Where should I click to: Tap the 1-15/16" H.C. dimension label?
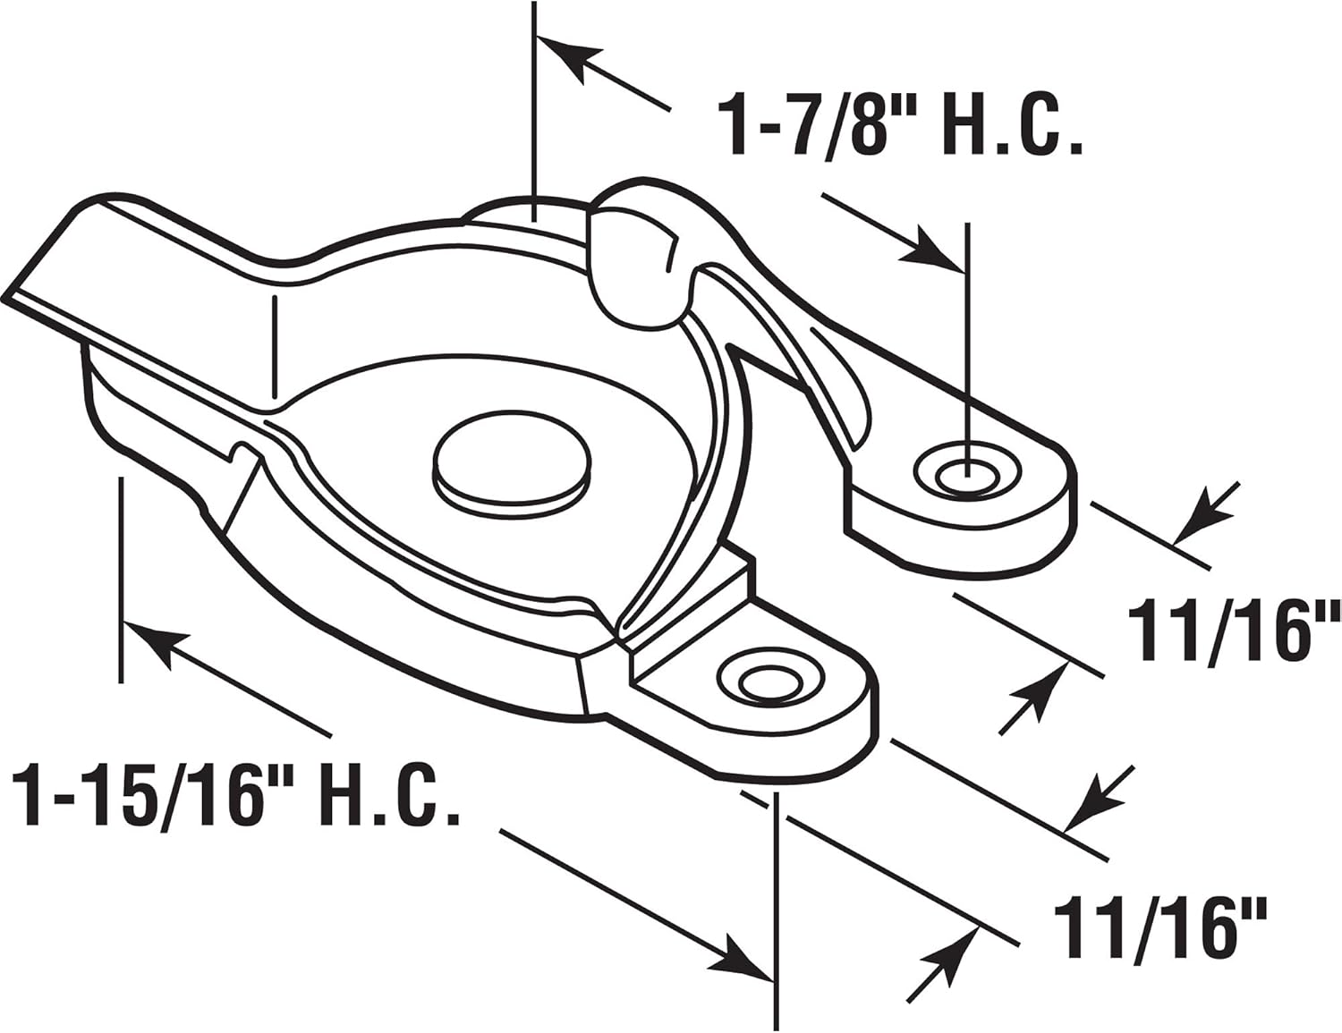click(x=234, y=793)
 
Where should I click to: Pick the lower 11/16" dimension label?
click(x=1160, y=930)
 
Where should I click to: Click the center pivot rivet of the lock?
click(x=511, y=464)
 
